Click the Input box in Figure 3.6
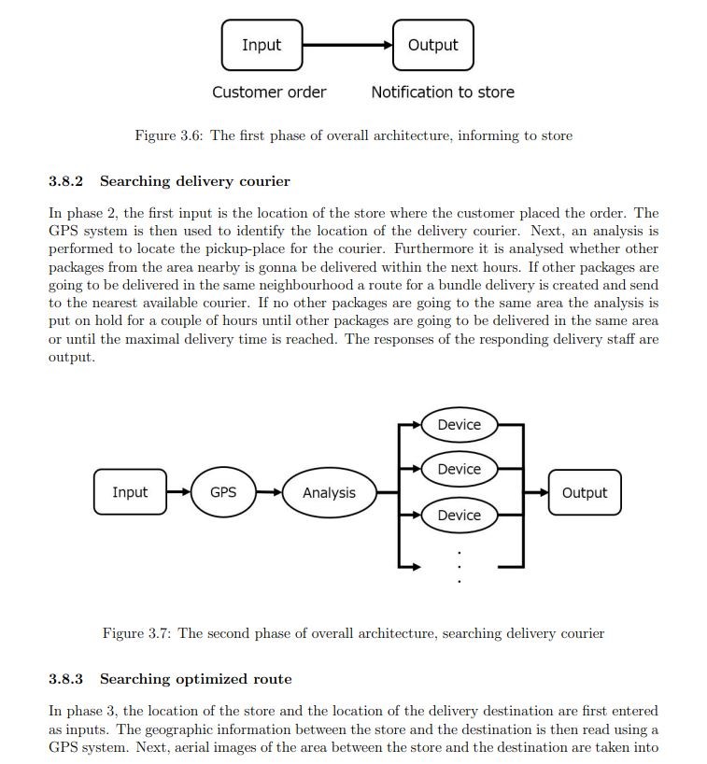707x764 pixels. click(262, 45)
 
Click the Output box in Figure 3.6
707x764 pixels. click(433, 45)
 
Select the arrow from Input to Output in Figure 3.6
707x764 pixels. click(347, 46)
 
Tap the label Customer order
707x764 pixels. click(269, 92)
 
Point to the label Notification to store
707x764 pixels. click(443, 92)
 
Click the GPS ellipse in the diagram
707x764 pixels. click(223, 492)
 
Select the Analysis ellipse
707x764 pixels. click(330, 492)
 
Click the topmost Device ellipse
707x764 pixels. click(460, 425)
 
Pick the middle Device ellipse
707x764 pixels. click(460, 469)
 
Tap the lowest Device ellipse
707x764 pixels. click(460, 515)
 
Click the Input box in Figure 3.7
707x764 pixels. click(130, 492)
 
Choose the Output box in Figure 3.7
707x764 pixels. click(585, 492)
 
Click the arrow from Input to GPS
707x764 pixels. click(178, 492)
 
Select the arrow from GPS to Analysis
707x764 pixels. click(269, 492)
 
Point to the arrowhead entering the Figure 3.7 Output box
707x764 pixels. click(544, 492)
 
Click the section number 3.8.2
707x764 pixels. click(65, 181)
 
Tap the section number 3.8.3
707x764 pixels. click(65, 679)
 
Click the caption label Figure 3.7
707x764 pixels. click(136, 633)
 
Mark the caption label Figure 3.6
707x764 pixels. click(169, 135)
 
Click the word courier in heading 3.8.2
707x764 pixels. click(264, 182)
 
